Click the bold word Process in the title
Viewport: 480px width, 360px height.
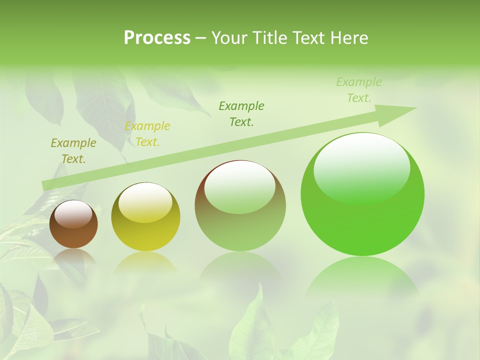[157, 38]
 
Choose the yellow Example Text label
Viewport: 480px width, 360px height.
[147, 134]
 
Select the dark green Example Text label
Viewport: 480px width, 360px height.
[241, 113]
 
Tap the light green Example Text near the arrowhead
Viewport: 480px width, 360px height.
[359, 90]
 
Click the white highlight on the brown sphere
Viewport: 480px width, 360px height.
[73, 214]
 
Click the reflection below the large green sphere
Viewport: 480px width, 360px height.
[361, 275]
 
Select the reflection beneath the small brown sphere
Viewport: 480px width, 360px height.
[73, 256]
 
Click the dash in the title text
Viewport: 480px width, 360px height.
[201, 38]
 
